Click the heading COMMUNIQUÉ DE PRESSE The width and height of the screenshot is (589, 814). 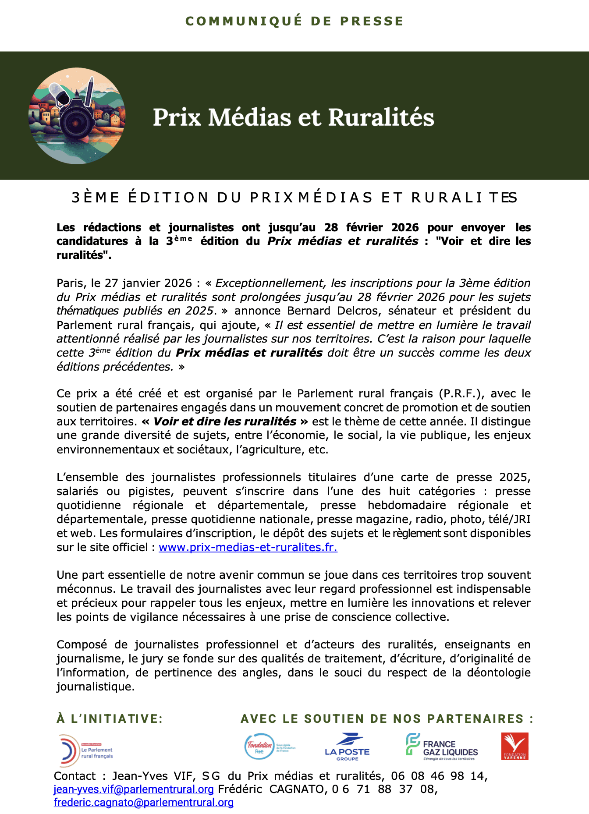pyautogui.click(x=294, y=21)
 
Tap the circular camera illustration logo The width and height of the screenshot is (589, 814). pyautogui.click(x=77, y=116)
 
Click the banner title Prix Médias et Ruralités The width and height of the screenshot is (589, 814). pyautogui.click(x=293, y=117)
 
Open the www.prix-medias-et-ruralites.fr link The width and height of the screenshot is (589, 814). pyautogui.click(x=248, y=547)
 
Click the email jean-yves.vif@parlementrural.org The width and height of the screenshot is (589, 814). pyautogui.click(x=134, y=789)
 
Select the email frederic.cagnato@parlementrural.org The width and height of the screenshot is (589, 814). pyautogui.click(x=144, y=802)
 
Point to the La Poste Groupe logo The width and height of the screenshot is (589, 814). pyautogui.click(x=347, y=747)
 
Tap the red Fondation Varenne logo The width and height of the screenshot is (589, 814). pyautogui.click(x=514, y=746)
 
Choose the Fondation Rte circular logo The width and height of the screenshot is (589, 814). pyautogui.click(x=259, y=746)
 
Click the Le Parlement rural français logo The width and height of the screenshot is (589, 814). pyautogui.click(x=86, y=750)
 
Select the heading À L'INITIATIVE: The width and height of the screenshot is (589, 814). pyautogui.click(x=110, y=719)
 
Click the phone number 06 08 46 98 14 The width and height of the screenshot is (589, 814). pyautogui.click(x=439, y=776)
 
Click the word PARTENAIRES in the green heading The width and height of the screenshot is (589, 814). pyautogui.click(x=475, y=719)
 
